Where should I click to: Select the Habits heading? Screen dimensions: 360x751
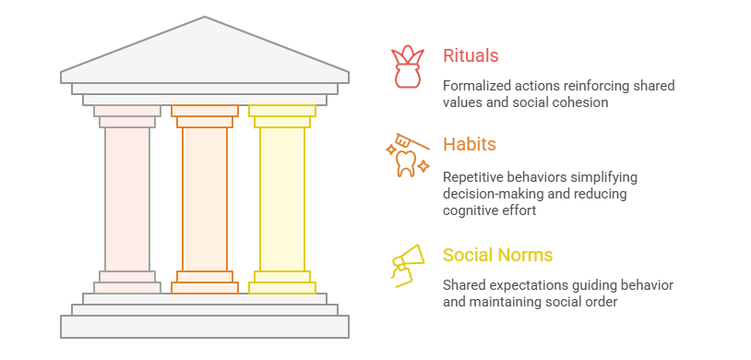coord(470,145)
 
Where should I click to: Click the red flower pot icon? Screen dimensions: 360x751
coord(407,67)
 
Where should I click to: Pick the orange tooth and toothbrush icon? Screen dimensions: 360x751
coord(407,156)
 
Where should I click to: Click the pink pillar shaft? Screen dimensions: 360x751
coord(127,198)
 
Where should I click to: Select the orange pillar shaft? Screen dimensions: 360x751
coord(205,198)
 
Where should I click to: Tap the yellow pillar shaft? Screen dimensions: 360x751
coord(282,198)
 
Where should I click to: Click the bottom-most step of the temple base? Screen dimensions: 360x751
coord(205,326)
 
